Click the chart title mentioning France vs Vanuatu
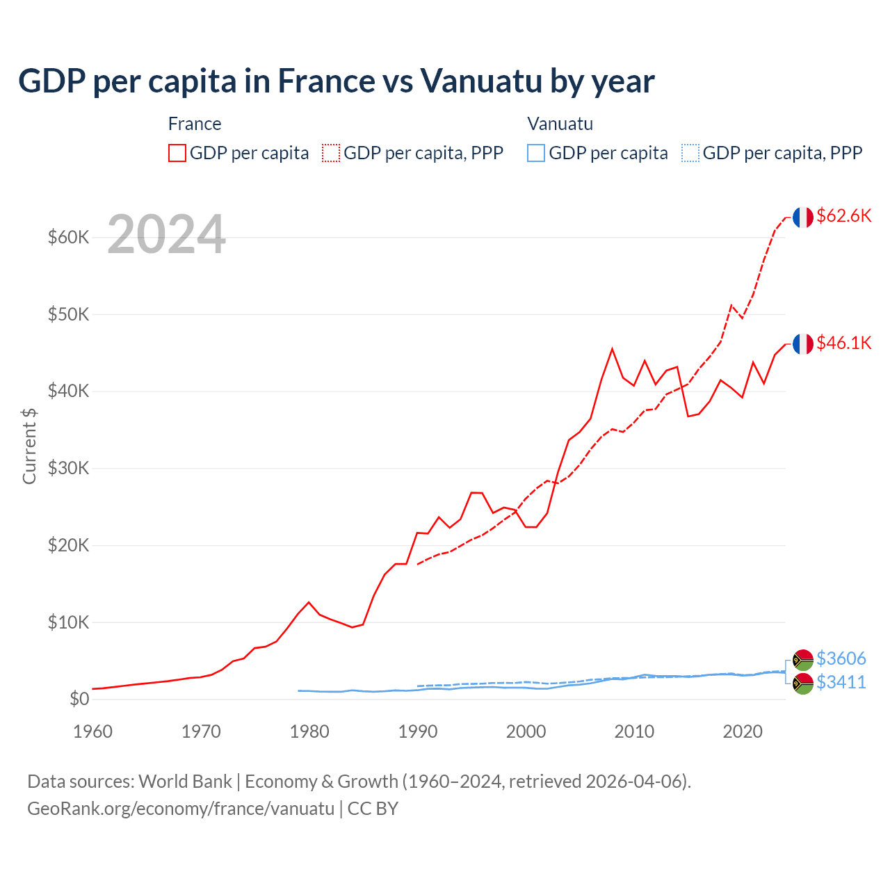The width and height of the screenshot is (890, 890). pyautogui.click(x=336, y=81)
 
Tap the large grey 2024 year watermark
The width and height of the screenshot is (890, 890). pyautogui.click(x=166, y=234)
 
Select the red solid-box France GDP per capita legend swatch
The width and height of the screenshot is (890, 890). pyautogui.click(x=177, y=153)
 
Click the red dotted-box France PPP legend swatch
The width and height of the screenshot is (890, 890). pyautogui.click(x=331, y=153)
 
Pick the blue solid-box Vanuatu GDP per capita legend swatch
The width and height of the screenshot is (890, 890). pyautogui.click(x=536, y=153)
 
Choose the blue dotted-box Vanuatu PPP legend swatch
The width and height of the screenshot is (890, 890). pyautogui.click(x=690, y=153)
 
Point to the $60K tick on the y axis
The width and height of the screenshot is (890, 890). pyautogui.click(x=69, y=237)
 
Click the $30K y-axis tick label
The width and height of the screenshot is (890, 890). pyautogui.click(x=69, y=468)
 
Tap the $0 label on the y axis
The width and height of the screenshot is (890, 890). pyautogui.click(x=79, y=699)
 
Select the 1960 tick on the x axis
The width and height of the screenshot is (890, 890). pyautogui.click(x=93, y=731)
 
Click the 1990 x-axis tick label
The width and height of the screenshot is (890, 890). pyautogui.click(x=418, y=731)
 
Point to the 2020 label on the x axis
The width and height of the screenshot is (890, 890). pyautogui.click(x=743, y=731)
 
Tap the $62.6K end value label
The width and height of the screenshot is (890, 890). pyautogui.click(x=843, y=216)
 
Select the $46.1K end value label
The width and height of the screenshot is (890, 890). pyautogui.click(x=843, y=343)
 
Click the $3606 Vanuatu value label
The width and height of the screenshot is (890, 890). pyautogui.click(x=841, y=658)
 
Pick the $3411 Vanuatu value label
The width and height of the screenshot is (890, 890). pyautogui.click(x=841, y=682)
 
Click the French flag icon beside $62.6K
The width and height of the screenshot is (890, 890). pyautogui.click(x=803, y=217)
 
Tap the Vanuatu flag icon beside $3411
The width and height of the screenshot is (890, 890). pyautogui.click(x=803, y=683)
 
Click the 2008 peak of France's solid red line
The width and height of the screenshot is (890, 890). pyautogui.click(x=612, y=349)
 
